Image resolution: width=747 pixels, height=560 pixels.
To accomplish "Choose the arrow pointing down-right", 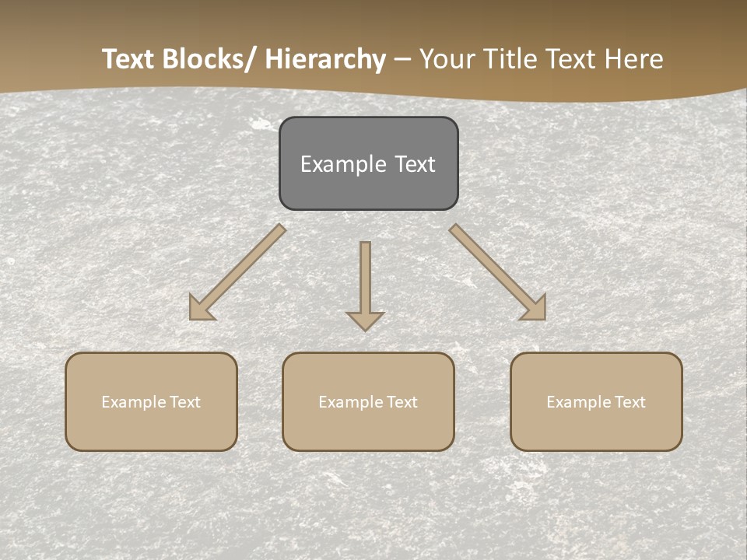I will [493, 268].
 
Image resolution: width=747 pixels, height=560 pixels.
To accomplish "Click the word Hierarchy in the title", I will [325, 59].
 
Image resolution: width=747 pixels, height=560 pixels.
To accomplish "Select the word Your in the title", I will [447, 59].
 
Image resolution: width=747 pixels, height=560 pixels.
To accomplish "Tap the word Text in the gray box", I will [415, 164].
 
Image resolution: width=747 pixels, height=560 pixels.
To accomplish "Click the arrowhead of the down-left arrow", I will [199, 310].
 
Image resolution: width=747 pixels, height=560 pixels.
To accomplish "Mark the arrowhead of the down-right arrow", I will [536, 310].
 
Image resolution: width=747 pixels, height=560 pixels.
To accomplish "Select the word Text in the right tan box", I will [629, 402].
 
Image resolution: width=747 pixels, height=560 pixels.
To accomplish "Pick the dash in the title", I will [402, 59].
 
